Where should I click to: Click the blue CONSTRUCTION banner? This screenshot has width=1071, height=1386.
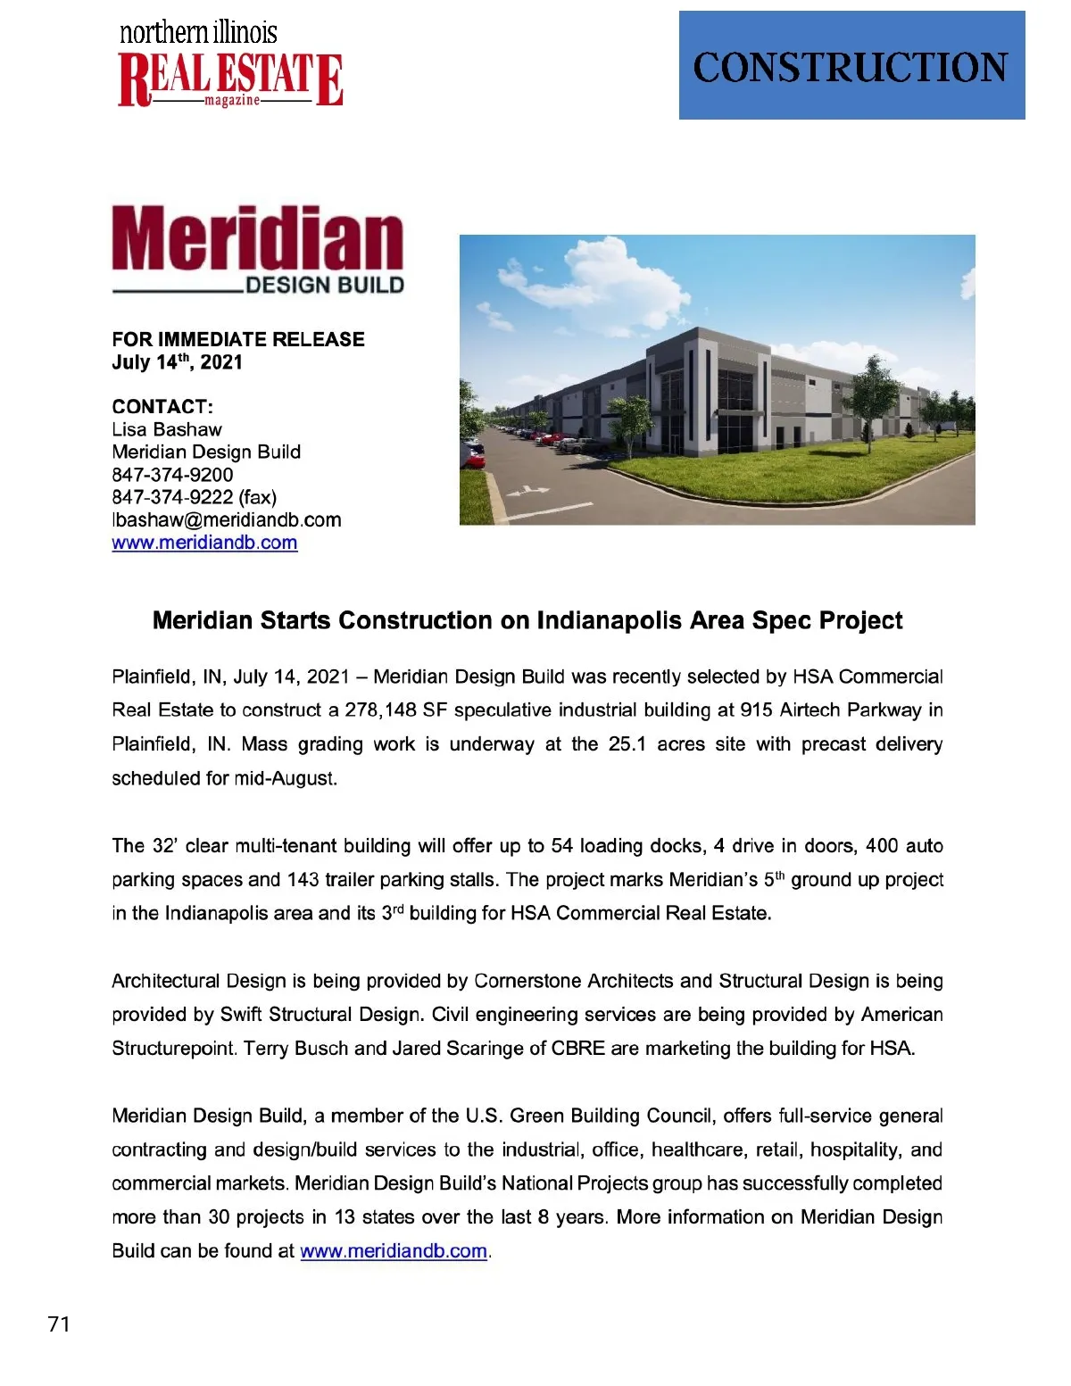pos(851,65)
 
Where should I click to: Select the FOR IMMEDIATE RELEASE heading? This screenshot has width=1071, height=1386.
pos(238,339)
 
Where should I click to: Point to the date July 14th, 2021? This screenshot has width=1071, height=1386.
pos(177,362)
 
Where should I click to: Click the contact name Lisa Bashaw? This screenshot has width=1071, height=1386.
pos(167,429)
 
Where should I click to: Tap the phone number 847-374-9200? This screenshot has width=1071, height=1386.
pos(172,475)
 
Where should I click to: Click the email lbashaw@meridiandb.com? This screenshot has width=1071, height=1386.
pos(227,519)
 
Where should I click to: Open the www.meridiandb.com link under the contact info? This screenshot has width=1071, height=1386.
pos(204,543)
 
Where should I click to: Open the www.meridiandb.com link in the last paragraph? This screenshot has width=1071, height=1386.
pos(394,1251)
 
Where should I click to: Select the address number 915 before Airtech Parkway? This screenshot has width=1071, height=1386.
pos(757,710)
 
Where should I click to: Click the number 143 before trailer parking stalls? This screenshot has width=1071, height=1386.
pos(303,880)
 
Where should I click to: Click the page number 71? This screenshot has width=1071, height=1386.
pos(59,1324)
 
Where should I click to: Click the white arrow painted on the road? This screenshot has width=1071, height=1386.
pos(527,490)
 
